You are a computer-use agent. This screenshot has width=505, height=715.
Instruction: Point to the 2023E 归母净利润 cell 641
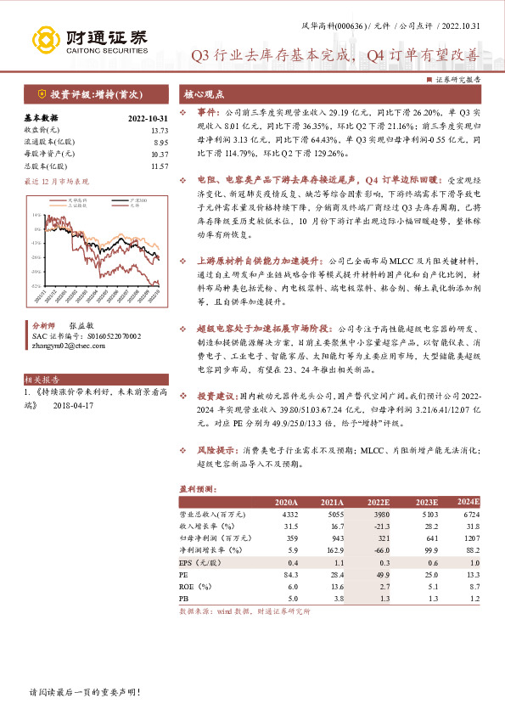pyautogui.click(x=424, y=538)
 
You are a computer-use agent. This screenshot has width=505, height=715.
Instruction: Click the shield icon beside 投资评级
pyautogui.click(x=42, y=94)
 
